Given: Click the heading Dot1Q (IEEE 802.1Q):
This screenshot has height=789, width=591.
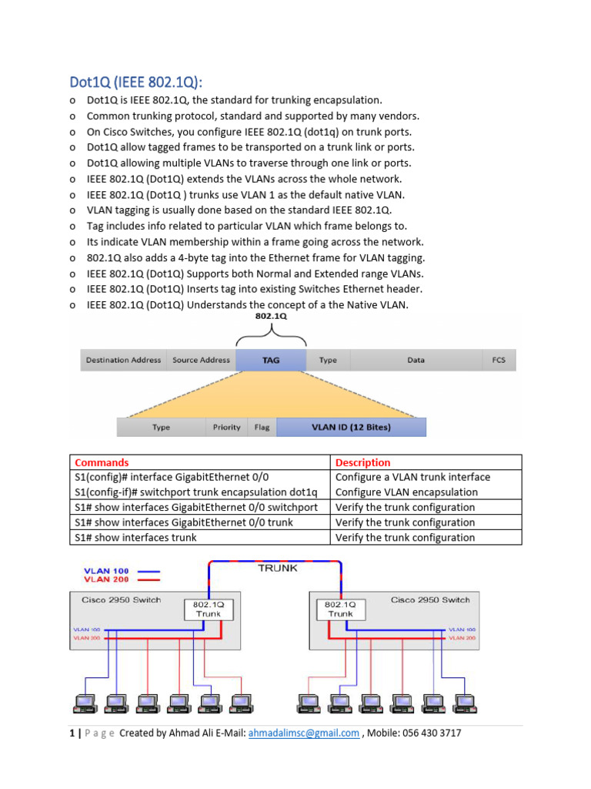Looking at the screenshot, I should click(x=137, y=82).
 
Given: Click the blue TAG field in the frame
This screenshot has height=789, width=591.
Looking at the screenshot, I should click(x=271, y=360).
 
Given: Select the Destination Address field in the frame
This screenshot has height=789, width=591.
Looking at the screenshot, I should click(x=123, y=360).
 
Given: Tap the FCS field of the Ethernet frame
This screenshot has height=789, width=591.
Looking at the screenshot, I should click(x=499, y=360).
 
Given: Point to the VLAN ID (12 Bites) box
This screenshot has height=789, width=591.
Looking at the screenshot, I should click(x=350, y=427).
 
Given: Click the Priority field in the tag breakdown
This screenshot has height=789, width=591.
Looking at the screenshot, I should click(x=226, y=427).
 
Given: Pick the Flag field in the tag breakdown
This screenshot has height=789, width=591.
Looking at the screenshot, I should click(x=262, y=427).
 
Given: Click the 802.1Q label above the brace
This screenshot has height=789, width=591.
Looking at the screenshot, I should click(x=271, y=316).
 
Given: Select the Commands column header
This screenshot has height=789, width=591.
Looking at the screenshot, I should click(x=102, y=462).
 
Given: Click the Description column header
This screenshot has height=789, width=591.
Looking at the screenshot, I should click(x=363, y=462).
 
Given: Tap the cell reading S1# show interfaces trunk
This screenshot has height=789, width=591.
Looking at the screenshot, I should click(x=135, y=538).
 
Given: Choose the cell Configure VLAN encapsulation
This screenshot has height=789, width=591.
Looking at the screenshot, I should click(x=406, y=492).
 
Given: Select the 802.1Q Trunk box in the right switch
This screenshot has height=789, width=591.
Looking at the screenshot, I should click(x=340, y=609).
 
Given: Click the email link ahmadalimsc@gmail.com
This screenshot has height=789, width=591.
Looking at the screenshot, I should click(x=303, y=734).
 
